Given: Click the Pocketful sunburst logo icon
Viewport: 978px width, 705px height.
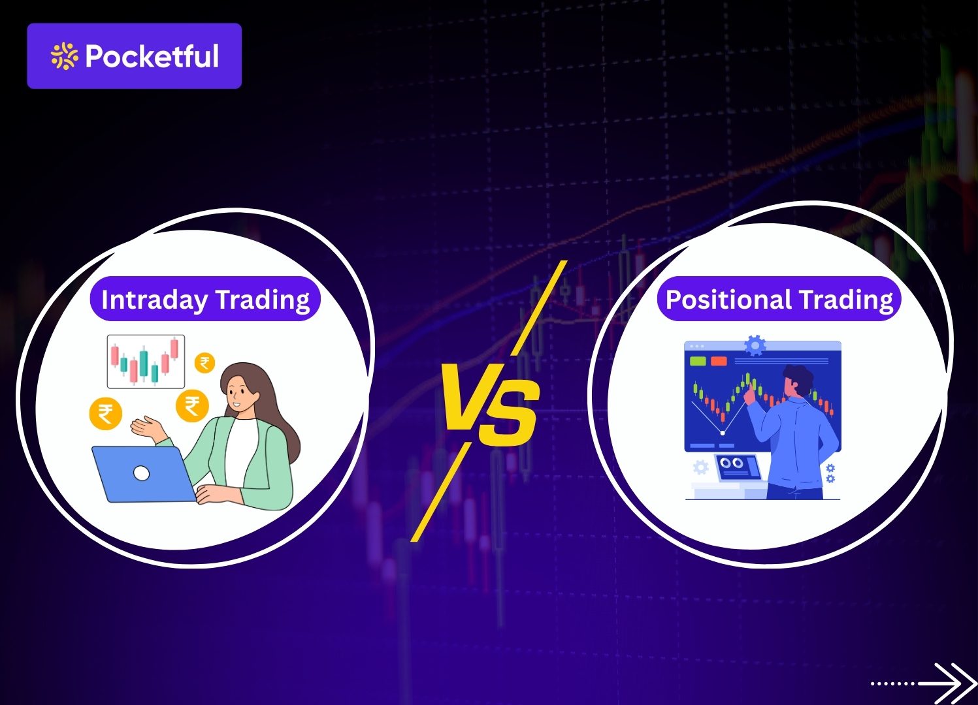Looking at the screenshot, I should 64,56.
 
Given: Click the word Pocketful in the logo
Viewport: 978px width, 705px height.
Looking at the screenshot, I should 152,57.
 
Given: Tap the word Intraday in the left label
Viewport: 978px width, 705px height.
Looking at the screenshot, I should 154,300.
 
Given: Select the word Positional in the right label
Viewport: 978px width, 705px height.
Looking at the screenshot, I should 728,300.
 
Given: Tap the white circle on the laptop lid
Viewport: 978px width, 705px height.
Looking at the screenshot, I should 141,474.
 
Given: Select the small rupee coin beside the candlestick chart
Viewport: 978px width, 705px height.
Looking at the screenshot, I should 204,363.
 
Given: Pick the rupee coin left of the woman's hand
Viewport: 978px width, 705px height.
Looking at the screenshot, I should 105,413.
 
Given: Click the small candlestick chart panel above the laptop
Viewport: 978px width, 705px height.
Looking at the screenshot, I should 146,361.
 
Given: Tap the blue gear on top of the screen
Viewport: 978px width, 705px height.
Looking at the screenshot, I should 755,344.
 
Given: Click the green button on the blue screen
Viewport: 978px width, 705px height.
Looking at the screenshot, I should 698,361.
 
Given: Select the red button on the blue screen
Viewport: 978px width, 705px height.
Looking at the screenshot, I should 719,361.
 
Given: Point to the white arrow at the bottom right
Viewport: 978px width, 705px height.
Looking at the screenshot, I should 947,683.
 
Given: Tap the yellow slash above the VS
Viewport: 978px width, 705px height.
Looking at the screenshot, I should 539,308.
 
